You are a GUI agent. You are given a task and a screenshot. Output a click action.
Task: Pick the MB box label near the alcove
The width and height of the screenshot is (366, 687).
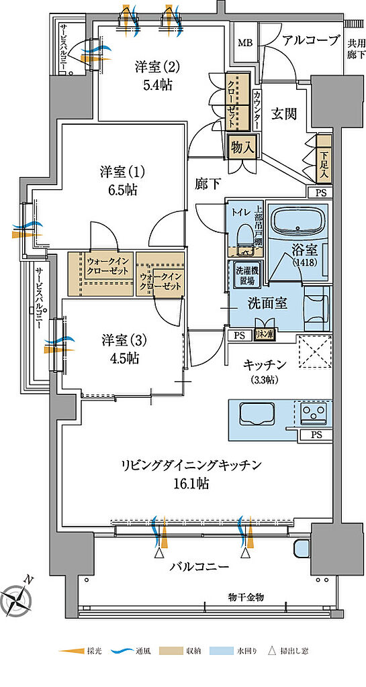click(245, 44)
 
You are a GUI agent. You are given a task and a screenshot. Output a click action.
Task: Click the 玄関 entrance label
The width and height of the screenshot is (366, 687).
click(284, 115)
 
